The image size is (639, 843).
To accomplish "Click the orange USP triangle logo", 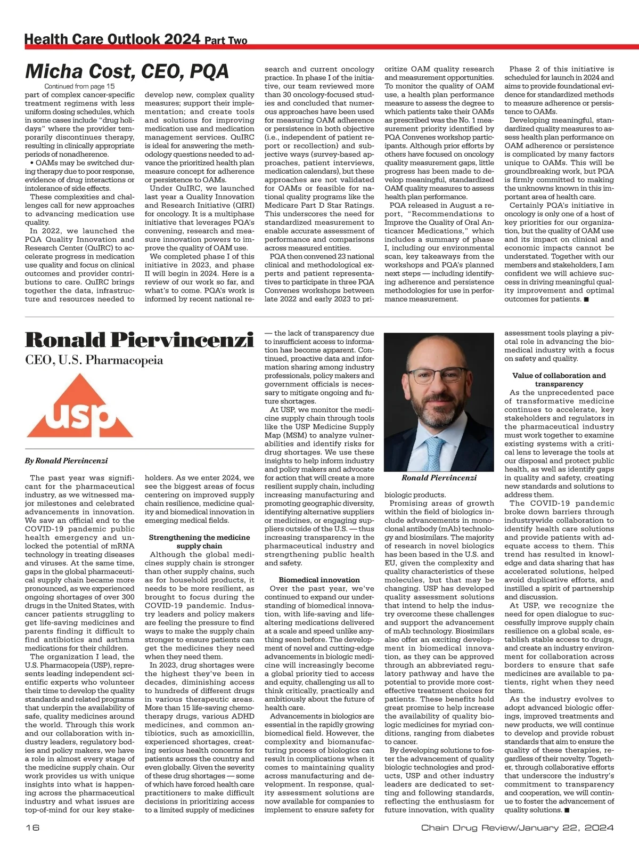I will click(80, 406).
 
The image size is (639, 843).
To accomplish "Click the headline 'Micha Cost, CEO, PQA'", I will click(127, 71).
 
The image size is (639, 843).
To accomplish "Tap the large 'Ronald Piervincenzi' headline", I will click(139, 340).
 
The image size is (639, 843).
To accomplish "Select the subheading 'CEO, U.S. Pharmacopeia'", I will click(94, 360).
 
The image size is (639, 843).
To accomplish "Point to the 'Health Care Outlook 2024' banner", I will click(112, 39).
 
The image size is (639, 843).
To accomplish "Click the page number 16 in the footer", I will click(31, 828).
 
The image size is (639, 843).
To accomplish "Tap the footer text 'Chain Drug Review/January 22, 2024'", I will click(518, 828).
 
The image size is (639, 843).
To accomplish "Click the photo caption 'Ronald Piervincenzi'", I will click(439, 478).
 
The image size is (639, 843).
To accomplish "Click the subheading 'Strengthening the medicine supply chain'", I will click(199, 541).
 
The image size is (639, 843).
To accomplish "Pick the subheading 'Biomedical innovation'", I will click(319, 580).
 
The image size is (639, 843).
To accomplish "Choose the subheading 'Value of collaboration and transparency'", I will click(559, 379).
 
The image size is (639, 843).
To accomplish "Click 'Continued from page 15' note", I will click(79, 86).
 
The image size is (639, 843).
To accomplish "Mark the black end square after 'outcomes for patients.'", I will click(586, 299).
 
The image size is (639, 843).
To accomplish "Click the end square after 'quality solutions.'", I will click(567, 810).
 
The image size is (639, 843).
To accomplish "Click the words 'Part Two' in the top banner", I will click(226, 40).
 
